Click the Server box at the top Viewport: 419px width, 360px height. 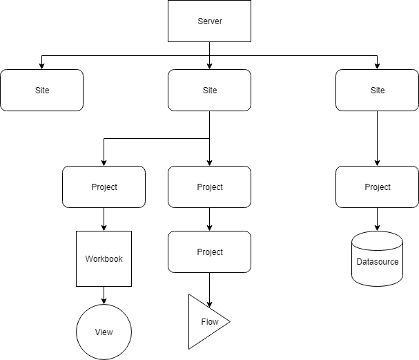click(210, 21)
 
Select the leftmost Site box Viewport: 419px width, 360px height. click(42, 91)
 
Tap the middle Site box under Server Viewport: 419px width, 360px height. click(210, 91)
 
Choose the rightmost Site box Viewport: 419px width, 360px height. click(377, 91)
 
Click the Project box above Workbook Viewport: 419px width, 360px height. click(104, 187)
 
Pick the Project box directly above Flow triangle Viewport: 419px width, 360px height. click(210, 252)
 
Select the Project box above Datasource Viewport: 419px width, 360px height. click(377, 187)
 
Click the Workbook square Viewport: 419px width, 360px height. click(104, 259)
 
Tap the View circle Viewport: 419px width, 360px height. click(104, 332)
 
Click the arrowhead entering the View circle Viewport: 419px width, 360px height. click(104, 301)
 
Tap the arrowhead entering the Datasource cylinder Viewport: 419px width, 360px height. click(377, 228)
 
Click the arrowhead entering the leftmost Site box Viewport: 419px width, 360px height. click(42, 66)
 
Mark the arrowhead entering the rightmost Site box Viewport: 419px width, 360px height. click(377, 66)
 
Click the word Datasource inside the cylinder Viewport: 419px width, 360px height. click(377, 262)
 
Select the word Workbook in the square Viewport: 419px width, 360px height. click(104, 259)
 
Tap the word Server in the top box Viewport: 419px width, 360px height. click(210, 21)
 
